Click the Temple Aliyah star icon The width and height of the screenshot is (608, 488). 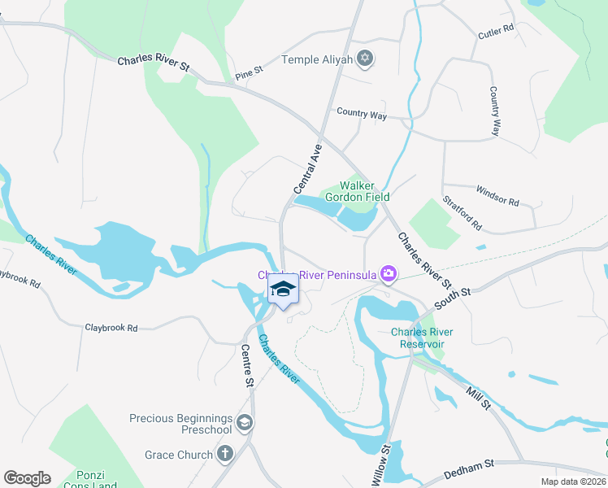366,59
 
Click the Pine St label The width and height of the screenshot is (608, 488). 249,72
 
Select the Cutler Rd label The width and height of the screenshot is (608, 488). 496,29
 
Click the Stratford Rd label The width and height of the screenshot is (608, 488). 462,211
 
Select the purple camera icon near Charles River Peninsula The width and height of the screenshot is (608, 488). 389,274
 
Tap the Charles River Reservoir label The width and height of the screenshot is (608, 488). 422,338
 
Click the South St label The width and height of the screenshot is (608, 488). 453,296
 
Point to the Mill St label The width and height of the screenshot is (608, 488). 479,398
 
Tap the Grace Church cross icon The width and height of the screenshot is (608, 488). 224,455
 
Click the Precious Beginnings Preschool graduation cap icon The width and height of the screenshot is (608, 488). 245,423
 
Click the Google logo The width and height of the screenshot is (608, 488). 27,478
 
